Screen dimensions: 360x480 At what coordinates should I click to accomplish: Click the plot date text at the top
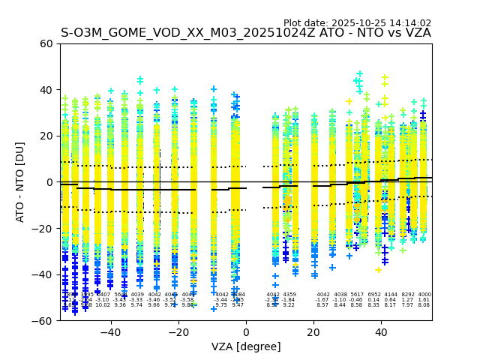(357, 23)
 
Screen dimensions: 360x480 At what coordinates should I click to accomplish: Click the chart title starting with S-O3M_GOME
(245, 33)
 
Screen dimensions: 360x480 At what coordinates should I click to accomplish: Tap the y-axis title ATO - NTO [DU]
(20, 181)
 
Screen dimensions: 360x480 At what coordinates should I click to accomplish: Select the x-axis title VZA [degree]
(245, 346)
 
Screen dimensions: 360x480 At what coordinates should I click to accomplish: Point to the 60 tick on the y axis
(46, 43)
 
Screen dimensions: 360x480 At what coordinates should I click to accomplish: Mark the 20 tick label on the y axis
(46, 136)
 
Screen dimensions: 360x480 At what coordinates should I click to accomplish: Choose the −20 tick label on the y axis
(43, 228)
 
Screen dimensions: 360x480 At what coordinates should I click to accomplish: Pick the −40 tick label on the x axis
(110, 332)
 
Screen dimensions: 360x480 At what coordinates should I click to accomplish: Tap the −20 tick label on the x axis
(178, 332)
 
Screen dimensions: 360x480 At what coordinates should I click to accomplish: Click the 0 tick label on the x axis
(246, 332)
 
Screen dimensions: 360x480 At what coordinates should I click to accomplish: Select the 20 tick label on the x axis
(313, 332)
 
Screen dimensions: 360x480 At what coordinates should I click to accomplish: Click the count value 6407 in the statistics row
(103, 295)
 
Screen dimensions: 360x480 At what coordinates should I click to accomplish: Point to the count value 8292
(407, 295)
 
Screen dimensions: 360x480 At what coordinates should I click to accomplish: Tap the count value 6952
(373, 295)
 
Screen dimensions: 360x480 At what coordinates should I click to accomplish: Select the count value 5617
(356, 295)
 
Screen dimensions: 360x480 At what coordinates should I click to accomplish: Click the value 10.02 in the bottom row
(103, 305)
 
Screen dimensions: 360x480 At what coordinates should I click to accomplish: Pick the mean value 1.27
(407, 300)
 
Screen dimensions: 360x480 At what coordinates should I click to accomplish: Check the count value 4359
(289, 295)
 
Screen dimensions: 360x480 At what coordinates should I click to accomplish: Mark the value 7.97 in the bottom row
(407, 305)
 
